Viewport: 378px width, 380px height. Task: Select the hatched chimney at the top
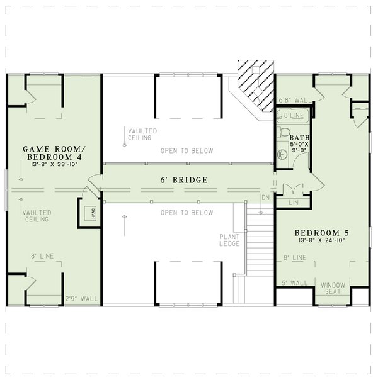(x=256, y=83)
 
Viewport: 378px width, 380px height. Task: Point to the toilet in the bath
(x=283, y=133)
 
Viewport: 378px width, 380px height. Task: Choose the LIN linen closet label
(x=293, y=203)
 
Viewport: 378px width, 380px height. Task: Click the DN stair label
(x=265, y=198)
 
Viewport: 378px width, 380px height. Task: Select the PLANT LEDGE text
(x=228, y=240)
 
